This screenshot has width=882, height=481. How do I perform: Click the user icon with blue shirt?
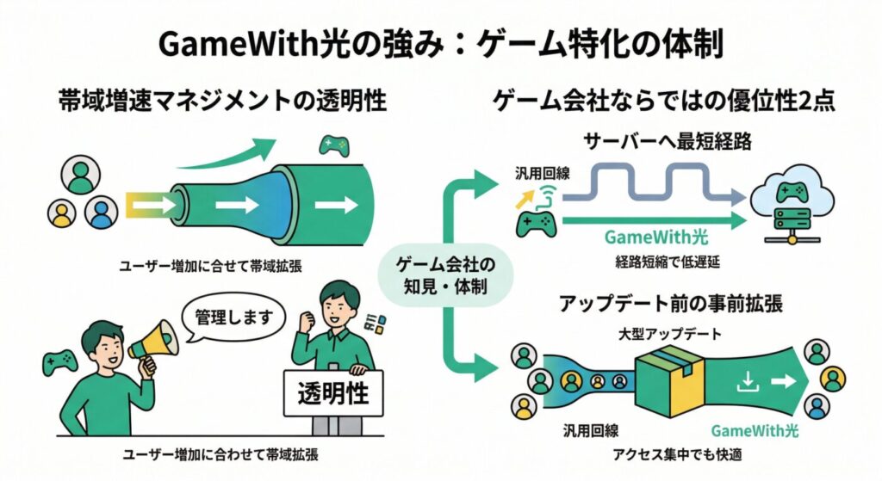pos(102,212)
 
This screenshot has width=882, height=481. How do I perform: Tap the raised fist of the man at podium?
pos(304,320)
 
